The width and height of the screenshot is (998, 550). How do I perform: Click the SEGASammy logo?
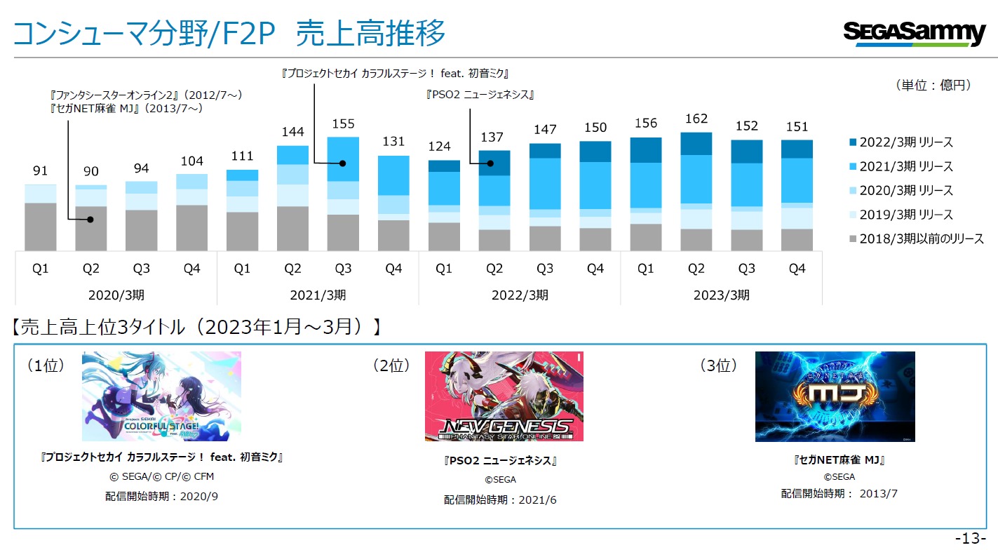click(915, 33)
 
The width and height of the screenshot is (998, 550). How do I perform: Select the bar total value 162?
click(696, 119)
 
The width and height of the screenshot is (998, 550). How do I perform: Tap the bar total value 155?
click(343, 123)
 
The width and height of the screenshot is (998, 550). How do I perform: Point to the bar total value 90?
click(91, 172)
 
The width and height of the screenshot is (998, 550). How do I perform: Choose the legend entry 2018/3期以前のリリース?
click(916, 239)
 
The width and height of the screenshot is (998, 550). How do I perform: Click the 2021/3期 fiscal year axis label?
click(318, 295)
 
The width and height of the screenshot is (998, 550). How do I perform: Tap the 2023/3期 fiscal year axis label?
click(722, 295)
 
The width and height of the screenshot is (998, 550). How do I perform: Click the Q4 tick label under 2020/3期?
click(191, 269)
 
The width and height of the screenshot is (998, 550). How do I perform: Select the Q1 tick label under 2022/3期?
click(444, 269)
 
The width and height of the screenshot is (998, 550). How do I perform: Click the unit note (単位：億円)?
click(933, 85)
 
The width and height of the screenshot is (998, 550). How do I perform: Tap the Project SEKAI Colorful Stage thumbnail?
click(161, 396)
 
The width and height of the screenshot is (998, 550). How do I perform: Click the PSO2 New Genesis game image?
click(504, 396)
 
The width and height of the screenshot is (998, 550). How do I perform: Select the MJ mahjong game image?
click(835, 396)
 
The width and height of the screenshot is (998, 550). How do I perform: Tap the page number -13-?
click(971, 538)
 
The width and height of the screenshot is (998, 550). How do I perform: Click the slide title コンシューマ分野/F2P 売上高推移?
click(229, 34)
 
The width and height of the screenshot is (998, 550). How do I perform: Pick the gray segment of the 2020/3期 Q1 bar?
click(41, 226)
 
